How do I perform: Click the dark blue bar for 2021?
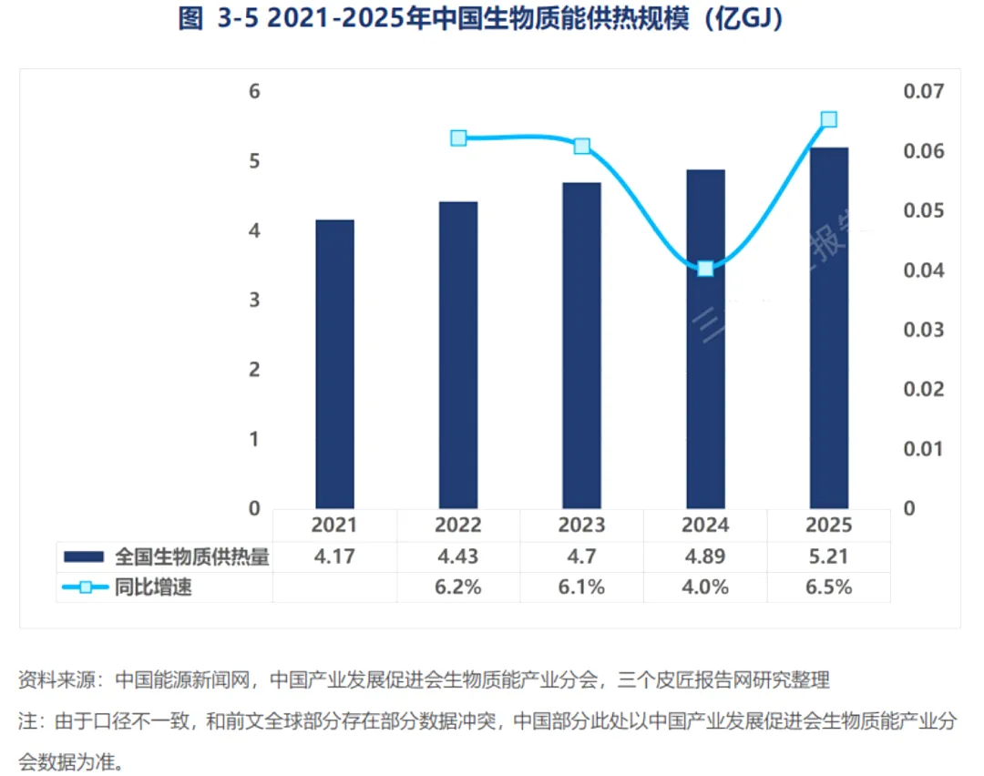pos(334,363)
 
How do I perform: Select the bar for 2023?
pos(581,346)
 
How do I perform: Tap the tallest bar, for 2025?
pos(829,328)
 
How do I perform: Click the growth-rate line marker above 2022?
pos(458,138)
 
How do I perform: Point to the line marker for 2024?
pos(705,269)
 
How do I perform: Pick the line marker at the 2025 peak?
pos(829,119)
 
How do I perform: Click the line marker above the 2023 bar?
pos(582,146)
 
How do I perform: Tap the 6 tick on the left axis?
pos(254,92)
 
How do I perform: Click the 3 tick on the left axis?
pos(254,300)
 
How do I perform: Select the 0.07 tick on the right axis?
pos(923,92)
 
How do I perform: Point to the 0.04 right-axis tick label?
pos(923,271)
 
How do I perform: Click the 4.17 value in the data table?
pos(334,556)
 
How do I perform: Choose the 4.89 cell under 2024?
pos(705,556)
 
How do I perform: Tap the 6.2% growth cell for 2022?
pos(458,587)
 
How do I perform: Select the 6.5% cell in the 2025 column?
pos(829,587)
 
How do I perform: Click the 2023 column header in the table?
pos(581,525)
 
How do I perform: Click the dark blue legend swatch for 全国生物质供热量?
pos(84,556)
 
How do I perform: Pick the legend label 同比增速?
pos(153,587)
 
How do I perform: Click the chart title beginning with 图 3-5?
pos(481,18)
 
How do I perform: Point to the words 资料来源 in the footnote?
pos(56,679)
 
